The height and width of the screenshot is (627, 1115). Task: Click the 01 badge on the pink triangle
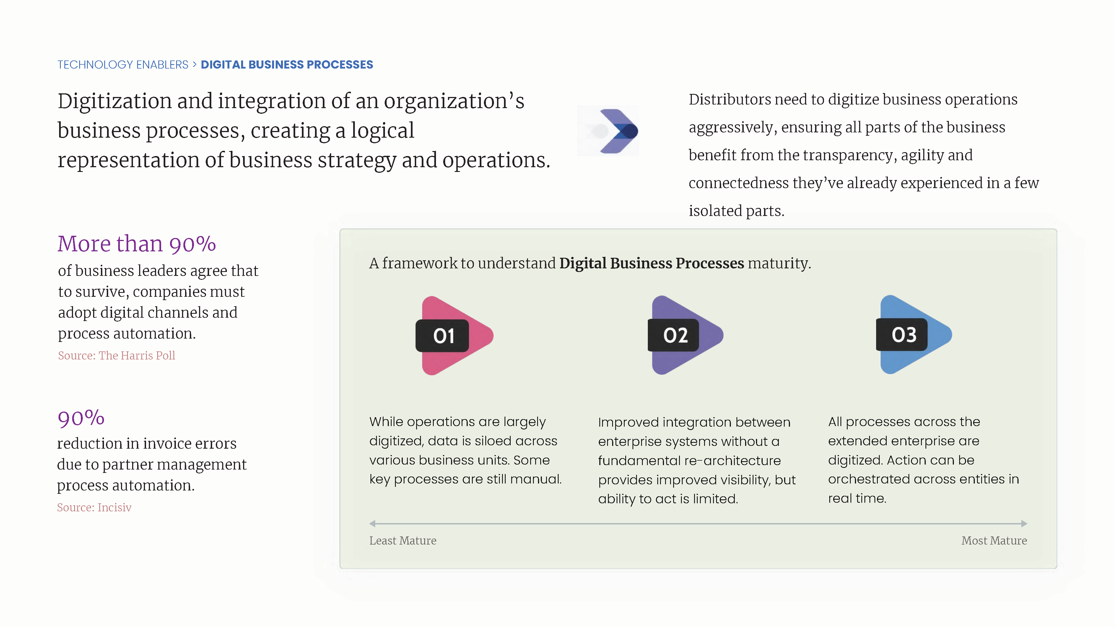click(442, 336)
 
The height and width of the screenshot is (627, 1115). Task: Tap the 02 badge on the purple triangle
click(673, 335)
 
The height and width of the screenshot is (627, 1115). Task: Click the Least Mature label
click(403, 540)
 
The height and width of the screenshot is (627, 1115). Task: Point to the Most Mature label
click(994, 540)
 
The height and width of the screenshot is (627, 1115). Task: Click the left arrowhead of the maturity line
click(372, 524)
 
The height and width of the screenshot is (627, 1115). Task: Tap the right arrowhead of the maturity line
click(1024, 524)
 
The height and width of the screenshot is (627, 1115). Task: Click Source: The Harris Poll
click(117, 356)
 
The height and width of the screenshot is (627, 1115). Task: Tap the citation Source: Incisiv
click(94, 507)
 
